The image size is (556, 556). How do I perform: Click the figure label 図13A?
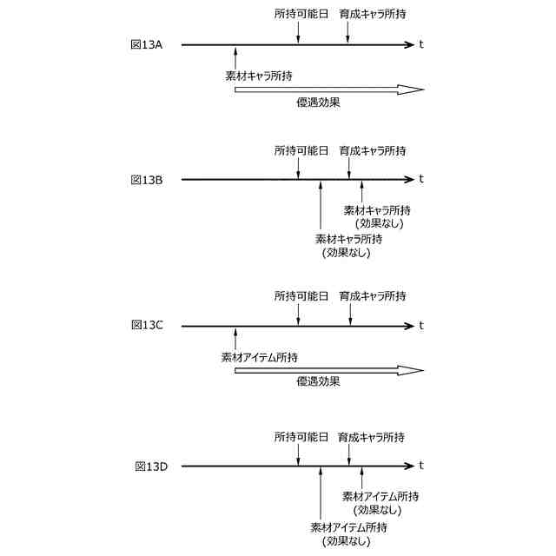tap(146, 43)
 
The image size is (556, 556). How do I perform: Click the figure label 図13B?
tap(148, 180)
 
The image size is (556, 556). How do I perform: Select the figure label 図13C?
tap(148, 325)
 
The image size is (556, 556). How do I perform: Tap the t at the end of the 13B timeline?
tap(421, 180)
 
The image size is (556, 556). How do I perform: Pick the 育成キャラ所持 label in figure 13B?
tap(373, 150)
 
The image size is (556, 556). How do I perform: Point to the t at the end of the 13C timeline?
tap(421, 326)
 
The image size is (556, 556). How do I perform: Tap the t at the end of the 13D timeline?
tap(421, 467)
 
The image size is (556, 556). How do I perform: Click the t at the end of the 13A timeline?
tap(421, 43)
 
